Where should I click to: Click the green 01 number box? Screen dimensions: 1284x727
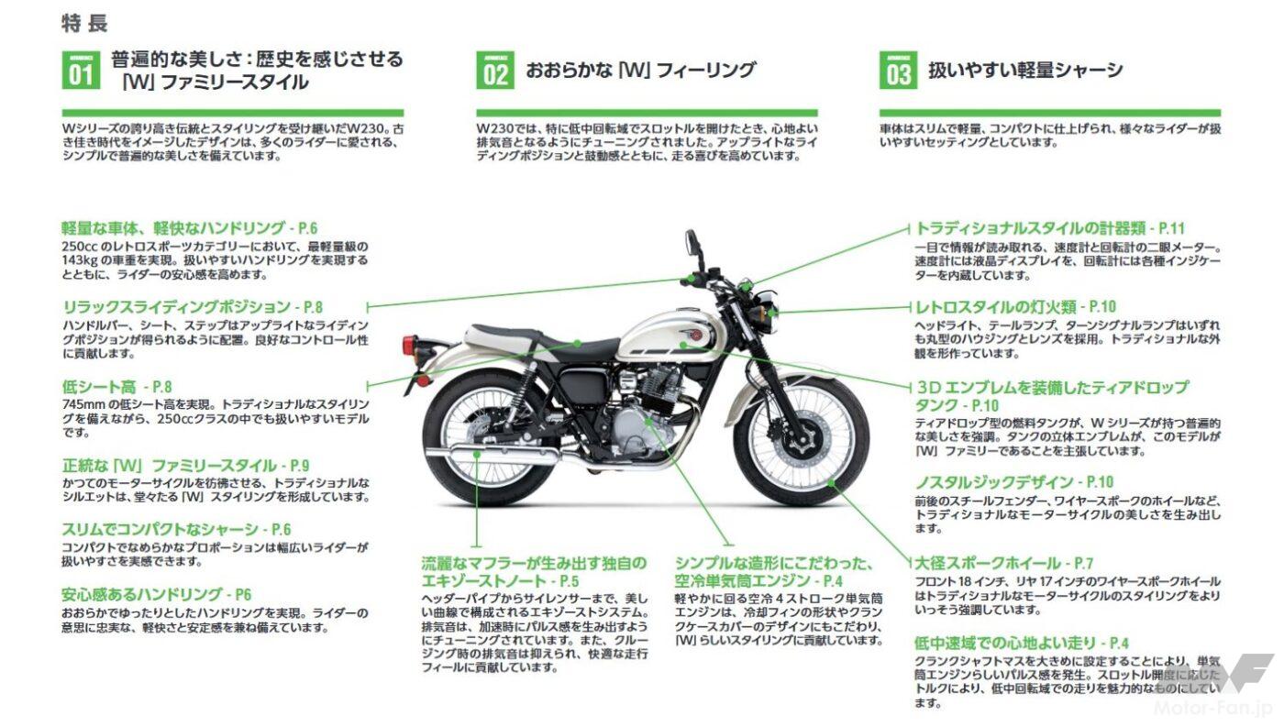click(81, 71)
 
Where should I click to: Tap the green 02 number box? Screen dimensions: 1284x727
click(495, 71)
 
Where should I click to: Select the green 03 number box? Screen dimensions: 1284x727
click(898, 71)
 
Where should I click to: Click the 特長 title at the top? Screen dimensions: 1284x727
click(84, 24)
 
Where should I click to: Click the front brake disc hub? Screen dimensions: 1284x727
click(803, 440)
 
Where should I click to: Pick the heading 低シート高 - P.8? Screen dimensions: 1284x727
click(117, 387)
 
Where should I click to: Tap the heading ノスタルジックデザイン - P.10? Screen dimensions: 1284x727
click(1013, 482)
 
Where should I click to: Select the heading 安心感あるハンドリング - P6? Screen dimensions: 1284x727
click(157, 595)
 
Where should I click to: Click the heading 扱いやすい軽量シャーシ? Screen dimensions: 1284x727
click(1025, 71)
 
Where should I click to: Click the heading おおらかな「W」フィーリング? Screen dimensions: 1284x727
click(641, 71)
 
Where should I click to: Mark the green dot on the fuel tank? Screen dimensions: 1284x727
click(682, 346)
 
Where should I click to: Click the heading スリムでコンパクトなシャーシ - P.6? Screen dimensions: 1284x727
click(176, 529)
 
